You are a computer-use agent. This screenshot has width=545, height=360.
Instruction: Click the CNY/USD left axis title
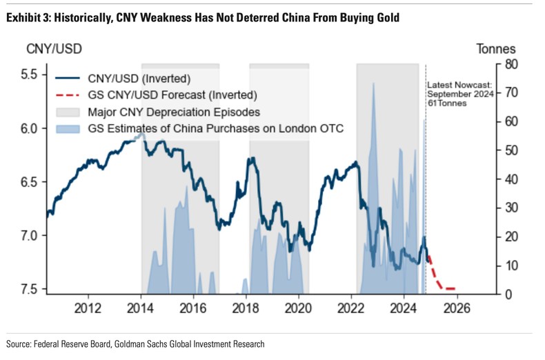pyautogui.click(x=50, y=49)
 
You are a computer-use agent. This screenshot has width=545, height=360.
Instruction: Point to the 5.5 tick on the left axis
pyautogui.click(x=28, y=74)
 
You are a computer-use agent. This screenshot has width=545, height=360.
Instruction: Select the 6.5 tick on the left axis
pyautogui.click(x=28, y=182)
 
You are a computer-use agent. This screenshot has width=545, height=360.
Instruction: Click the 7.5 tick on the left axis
pyautogui.click(x=28, y=289)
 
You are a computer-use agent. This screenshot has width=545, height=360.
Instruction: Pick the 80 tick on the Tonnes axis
pyautogui.click(x=511, y=64)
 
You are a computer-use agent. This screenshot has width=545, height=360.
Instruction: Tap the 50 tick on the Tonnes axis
pyautogui.click(x=511, y=150)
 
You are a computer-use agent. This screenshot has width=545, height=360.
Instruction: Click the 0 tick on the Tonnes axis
pyautogui.click(x=508, y=294)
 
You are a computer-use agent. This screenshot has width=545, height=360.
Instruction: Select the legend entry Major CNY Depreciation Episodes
pyautogui.click(x=173, y=111)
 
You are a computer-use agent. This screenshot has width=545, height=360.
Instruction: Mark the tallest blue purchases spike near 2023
pyautogui.click(x=373, y=86)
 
